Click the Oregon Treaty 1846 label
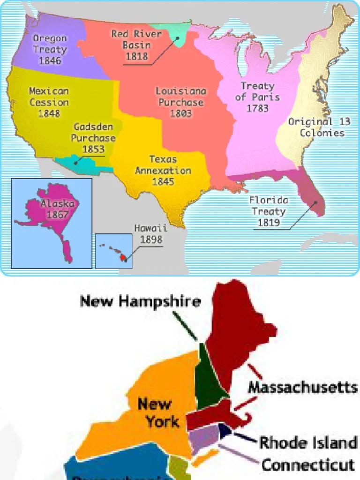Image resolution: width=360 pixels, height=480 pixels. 50,49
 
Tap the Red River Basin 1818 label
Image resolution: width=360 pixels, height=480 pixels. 136,45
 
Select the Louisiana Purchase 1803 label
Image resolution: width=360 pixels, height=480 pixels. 180,102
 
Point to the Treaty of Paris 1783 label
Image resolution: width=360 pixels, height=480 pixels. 257,97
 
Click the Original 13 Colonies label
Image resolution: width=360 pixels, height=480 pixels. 319,127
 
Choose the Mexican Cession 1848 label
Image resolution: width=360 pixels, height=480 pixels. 49,102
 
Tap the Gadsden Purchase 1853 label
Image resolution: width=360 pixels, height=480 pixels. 94,138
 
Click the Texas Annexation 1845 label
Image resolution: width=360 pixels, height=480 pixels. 163,170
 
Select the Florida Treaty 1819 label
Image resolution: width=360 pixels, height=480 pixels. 269,211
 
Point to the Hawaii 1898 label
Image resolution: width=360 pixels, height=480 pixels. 150,234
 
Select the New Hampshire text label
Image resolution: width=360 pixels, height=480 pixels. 141,301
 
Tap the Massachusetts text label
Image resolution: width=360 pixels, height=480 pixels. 302,388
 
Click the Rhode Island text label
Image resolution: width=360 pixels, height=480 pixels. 308,442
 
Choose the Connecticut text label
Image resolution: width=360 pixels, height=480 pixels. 307,465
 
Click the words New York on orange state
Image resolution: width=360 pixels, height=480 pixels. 155,412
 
